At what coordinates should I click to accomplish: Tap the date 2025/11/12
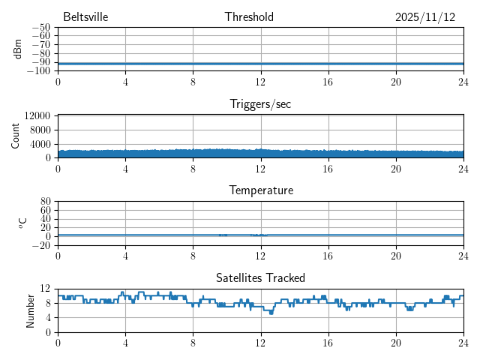(425, 17)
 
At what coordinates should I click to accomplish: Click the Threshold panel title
(249, 17)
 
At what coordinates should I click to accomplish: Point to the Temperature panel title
(260, 190)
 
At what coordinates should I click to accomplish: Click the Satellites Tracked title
(260, 278)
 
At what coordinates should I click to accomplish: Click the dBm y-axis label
(18, 49)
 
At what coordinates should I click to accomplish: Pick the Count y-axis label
(16, 136)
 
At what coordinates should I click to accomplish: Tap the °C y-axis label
(22, 223)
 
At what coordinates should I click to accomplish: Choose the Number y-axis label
(31, 310)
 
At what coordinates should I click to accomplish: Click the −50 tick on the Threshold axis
(40, 27)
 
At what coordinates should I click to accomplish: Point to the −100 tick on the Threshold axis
(38, 70)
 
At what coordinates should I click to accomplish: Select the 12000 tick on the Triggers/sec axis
(37, 116)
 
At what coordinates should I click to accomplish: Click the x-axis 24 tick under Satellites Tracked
(463, 343)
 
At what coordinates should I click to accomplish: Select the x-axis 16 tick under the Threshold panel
(328, 82)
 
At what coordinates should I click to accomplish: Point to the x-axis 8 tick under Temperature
(193, 256)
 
